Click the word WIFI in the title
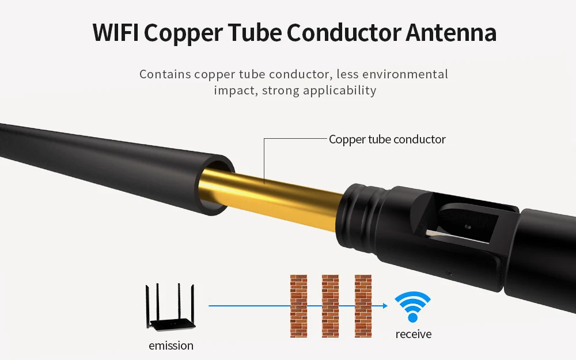point(115,33)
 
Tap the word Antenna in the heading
point(451,33)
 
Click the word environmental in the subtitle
point(405,74)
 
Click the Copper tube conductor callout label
point(387,139)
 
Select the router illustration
point(170,307)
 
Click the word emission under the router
point(171,346)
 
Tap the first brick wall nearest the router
point(298,306)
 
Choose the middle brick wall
point(330,306)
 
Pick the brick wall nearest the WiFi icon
point(363,306)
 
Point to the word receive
point(413,334)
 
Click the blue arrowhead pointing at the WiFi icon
point(385,306)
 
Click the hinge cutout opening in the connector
point(465,223)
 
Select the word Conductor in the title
point(343,33)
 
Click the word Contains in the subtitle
point(165,74)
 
